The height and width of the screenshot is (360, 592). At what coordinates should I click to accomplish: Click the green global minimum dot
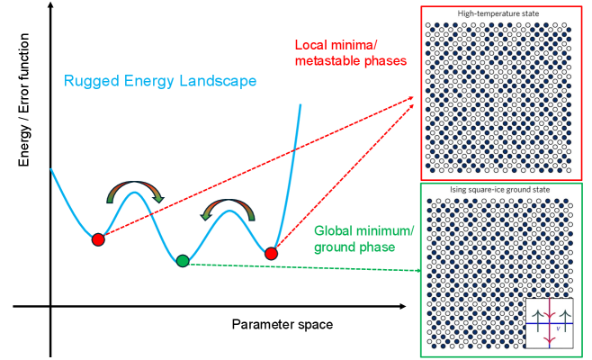(183, 260)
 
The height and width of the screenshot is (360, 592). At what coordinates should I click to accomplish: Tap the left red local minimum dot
(98, 239)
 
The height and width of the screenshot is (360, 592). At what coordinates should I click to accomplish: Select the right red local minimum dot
(271, 254)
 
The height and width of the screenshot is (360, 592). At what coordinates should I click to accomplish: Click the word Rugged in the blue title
(90, 81)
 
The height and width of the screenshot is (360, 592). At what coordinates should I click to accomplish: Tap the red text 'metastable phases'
(351, 60)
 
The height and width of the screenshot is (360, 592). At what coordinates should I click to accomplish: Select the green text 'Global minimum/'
(364, 231)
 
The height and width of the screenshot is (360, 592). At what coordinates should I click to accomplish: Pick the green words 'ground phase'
(355, 247)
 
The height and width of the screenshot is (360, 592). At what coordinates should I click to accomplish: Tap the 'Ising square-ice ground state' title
(501, 190)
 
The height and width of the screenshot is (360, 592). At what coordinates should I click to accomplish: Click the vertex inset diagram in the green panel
(550, 322)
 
